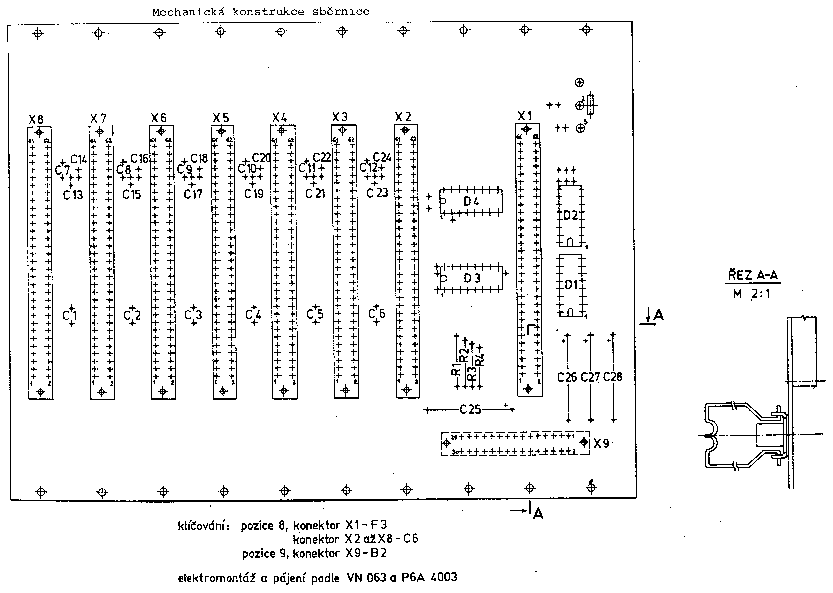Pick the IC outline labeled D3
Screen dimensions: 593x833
(x=472, y=278)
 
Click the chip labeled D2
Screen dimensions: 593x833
(x=570, y=216)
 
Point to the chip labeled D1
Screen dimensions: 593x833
(x=571, y=285)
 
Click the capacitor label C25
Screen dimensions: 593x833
(x=470, y=410)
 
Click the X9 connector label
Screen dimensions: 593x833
(x=601, y=444)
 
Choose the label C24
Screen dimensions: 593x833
(x=382, y=157)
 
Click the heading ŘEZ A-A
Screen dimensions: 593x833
(x=753, y=275)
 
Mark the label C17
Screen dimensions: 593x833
(x=193, y=194)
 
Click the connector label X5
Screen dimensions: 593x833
(x=221, y=118)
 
